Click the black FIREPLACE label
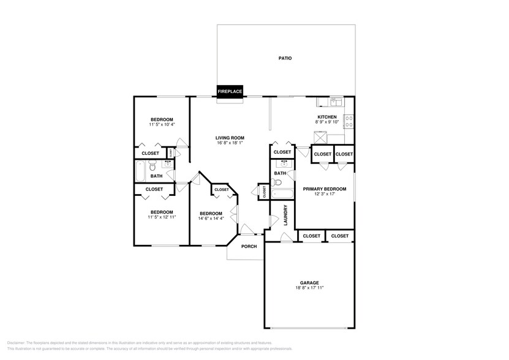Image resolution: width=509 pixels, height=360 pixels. [230, 92]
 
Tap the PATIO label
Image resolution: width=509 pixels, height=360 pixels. [285, 59]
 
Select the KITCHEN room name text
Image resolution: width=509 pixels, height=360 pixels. [326, 117]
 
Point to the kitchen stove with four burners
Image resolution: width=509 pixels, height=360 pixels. [350, 120]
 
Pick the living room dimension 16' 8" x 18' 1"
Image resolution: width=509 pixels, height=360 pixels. [230, 143]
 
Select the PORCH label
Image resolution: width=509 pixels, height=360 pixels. [249, 247]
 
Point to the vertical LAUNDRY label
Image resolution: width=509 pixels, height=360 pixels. [285, 215]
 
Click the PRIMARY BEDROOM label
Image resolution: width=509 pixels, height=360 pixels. [325, 189]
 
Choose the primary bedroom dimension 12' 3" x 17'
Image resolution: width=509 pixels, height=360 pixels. [325, 195]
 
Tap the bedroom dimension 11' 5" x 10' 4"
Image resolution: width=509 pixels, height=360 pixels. [162, 125]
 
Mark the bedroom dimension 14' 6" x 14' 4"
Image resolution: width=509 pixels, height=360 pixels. [210, 219]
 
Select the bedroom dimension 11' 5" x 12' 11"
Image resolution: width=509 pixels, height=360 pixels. [162, 217]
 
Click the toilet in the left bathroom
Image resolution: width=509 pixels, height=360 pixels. [153, 165]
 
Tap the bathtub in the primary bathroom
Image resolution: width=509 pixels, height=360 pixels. [282, 195]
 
